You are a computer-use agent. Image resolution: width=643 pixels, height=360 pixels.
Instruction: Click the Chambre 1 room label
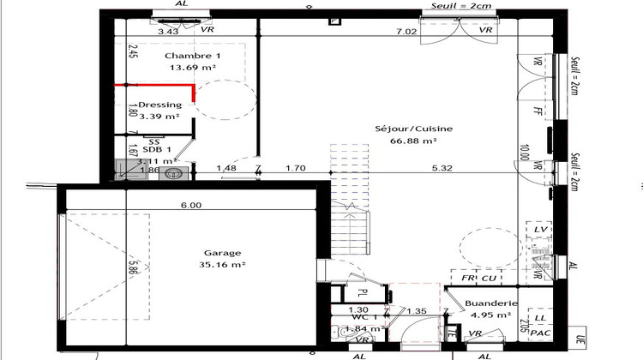(187, 56)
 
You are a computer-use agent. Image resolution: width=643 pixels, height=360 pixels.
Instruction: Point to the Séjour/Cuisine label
(413, 129)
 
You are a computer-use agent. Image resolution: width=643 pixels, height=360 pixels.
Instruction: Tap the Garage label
(222, 253)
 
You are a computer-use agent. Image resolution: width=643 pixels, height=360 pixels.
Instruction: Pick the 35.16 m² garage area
(222, 266)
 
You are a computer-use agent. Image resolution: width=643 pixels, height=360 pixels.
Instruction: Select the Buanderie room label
(492, 303)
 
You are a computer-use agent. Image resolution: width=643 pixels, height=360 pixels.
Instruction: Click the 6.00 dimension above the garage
(191, 205)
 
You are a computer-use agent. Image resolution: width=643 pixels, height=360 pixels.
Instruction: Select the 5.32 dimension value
(443, 168)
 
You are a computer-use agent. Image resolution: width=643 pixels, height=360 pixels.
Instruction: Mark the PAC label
(541, 333)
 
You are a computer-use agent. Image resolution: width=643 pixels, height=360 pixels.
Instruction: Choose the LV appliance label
(540, 231)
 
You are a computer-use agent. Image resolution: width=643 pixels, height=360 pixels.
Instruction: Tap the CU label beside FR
(489, 278)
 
